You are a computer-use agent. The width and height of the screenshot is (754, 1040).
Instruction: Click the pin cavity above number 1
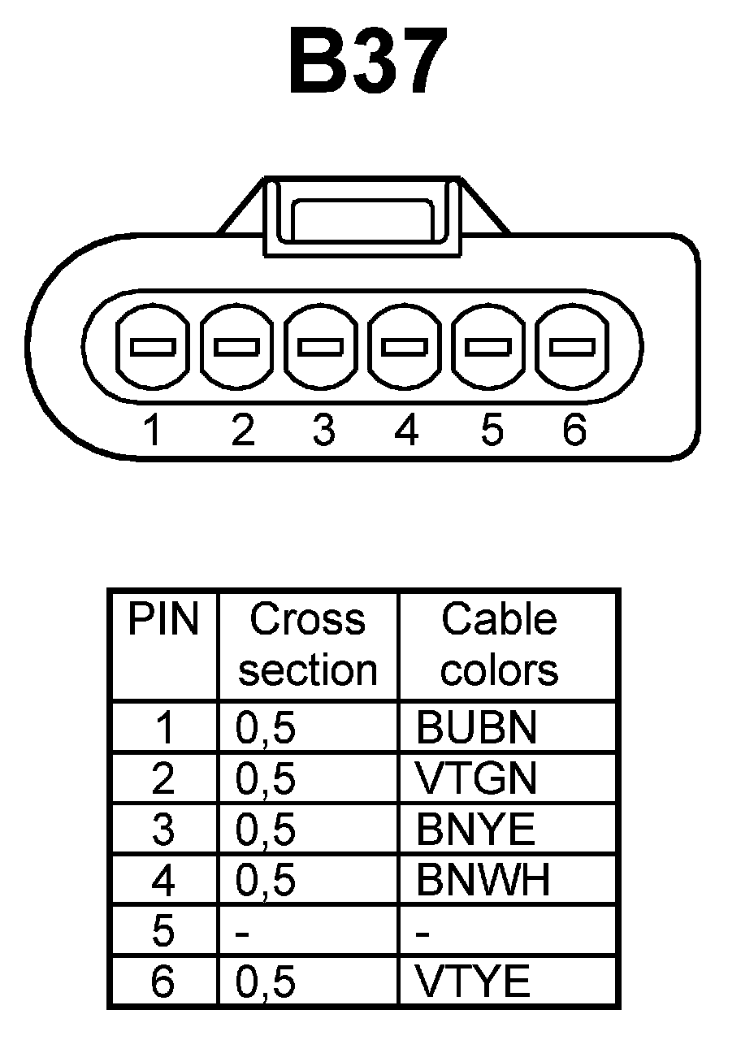[x=153, y=347]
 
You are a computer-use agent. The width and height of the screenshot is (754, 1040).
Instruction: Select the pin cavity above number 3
[x=321, y=347]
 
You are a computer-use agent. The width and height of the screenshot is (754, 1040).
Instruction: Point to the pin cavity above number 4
[x=405, y=347]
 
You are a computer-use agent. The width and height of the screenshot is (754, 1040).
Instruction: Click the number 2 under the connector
[x=242, y=430]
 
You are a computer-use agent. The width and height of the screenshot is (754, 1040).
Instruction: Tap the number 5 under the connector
[x=490, y=430]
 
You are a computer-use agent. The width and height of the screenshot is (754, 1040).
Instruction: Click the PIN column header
[x=163, y=621]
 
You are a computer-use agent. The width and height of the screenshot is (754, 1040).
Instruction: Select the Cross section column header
[x=308, y=645]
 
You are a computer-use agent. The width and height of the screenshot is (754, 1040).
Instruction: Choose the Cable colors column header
[x=500, y=645]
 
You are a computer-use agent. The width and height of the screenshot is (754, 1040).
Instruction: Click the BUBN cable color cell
[x=476, y=728]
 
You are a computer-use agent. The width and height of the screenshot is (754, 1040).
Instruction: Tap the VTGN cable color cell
[x=476, y=778]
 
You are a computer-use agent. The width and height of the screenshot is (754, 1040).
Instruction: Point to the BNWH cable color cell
[x=483, y=880]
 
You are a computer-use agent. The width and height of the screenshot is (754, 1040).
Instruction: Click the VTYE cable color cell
[x=473, y=982]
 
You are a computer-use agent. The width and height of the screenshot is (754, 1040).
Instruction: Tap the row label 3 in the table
[x=163, y=830]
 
